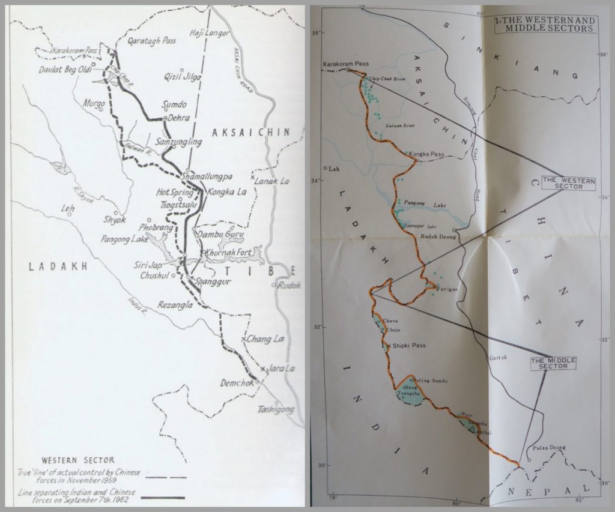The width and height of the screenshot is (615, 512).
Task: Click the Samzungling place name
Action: point(178,142)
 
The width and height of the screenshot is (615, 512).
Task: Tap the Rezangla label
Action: point(174,306)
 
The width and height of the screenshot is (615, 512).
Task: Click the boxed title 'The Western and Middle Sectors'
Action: point(545,24)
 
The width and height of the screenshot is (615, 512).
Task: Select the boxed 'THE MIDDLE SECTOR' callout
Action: point(553,363)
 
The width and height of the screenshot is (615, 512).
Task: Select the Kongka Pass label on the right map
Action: point(428,154)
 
